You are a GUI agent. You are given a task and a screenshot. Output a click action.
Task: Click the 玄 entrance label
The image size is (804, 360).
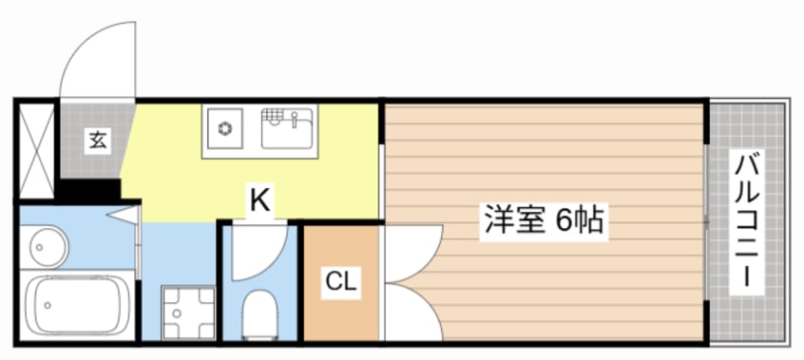[x=97, y=142]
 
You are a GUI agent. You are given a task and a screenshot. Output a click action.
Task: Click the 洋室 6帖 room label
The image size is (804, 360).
[x=542, y=221]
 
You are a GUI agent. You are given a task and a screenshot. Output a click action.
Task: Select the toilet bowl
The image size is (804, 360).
[x=258, y=313]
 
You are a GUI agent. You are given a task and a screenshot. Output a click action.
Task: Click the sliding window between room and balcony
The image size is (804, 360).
[x=706, y=220]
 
